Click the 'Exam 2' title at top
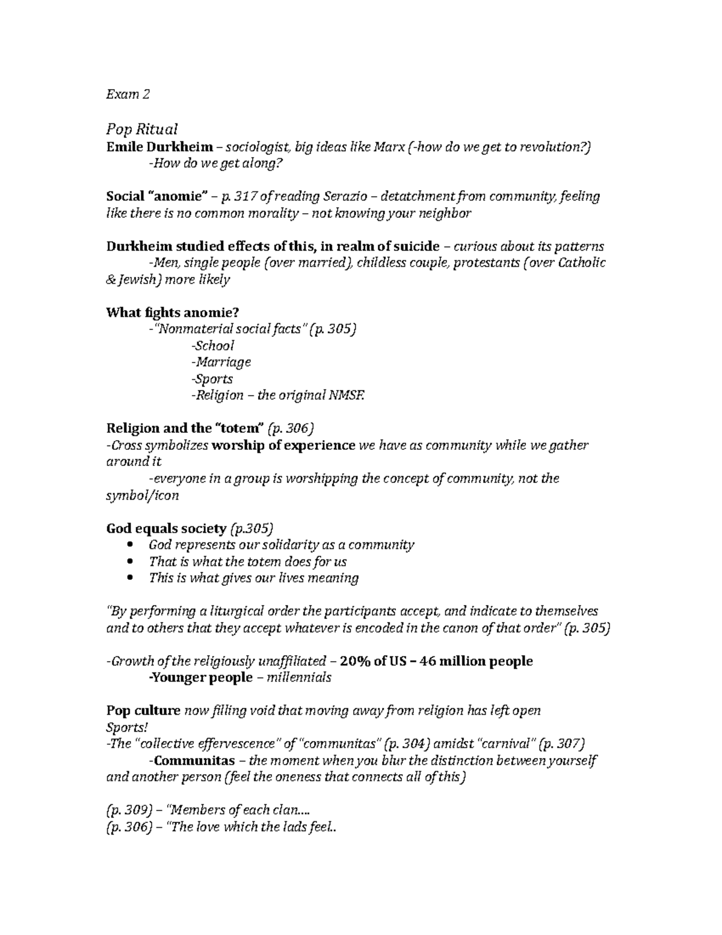point(128,95)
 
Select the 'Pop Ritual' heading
point(141,129)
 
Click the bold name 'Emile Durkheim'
point(159,147)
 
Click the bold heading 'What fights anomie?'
point(173,312)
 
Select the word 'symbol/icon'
point(142,495)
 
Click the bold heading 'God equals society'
point(166,529)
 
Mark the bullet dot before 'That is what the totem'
point(132,562)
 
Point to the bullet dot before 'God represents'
point(132,545)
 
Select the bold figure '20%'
point(354,661)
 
